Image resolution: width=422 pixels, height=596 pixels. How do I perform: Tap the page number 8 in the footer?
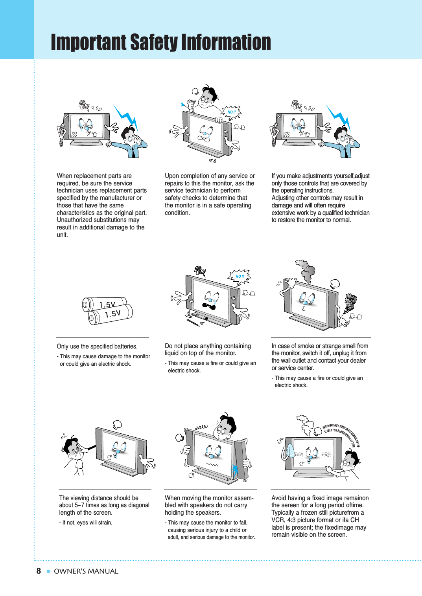coord(39,571)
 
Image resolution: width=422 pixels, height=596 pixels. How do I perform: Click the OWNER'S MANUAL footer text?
coord(86,571)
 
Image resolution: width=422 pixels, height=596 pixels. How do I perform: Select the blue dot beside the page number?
coord(48,571)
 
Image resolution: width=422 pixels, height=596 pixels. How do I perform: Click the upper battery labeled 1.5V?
coord(104,304)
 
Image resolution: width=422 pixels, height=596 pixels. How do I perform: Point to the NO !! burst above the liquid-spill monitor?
coord(239,277)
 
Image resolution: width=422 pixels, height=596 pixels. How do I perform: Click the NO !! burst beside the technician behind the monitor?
coord(232,112)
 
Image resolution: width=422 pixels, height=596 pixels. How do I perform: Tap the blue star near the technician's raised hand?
coord(182,105)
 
